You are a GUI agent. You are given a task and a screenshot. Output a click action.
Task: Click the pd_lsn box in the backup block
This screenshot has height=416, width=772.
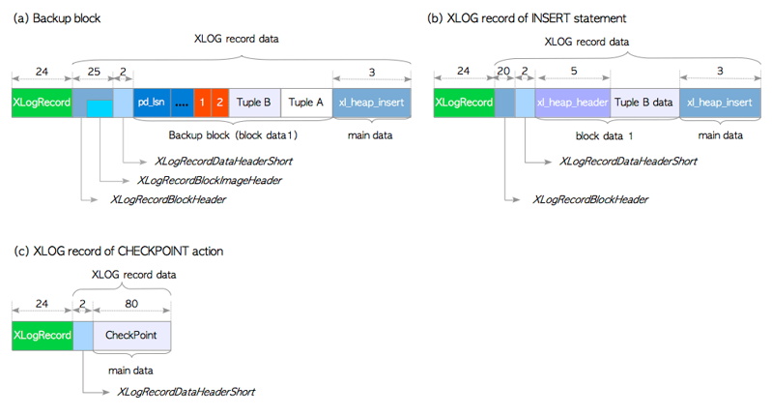[x=152, y=103]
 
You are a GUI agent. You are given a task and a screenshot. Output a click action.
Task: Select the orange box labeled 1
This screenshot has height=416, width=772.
[x=202, y=103]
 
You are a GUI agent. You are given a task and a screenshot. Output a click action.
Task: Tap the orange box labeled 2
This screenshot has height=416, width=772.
[x=220, y=103]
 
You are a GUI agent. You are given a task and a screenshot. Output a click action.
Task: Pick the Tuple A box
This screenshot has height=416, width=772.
[x=306, y=103]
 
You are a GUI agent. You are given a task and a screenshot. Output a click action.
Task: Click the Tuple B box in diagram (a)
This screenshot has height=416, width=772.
[x=254, y=103]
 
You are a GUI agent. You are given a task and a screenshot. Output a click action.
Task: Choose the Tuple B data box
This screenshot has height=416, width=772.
[x=644, y=103]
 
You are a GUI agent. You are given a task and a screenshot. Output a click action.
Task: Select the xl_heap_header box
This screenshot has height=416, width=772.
[x=573, y=103]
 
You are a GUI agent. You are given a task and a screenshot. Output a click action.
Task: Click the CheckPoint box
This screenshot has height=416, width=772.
[x=131, y=336]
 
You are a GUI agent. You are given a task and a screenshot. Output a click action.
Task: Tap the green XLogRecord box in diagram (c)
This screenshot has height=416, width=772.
[x=43, y=336]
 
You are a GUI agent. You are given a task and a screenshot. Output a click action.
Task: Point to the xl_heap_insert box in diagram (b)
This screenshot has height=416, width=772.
[x=720, y=103]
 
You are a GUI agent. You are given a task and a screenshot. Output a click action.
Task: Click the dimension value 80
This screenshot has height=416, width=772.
[x=131, y=304]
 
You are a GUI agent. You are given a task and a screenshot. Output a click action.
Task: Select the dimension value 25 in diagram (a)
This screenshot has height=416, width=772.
[x=94, y=72]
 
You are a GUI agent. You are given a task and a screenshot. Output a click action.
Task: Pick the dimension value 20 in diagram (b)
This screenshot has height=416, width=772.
[x=503, y=72]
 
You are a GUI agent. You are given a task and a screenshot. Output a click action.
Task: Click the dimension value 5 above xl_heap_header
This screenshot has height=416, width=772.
[x=574, y=72]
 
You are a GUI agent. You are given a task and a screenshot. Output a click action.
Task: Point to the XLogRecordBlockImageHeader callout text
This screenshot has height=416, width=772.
[x=210, y=180]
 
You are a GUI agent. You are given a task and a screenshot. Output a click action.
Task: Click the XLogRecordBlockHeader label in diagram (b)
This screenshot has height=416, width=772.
[x=590, y=199]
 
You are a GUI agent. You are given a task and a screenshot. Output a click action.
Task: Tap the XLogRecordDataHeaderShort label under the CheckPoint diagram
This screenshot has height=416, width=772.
[x=186, y=392]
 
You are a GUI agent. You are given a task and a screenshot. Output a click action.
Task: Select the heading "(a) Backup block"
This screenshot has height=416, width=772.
[x=57, y=18]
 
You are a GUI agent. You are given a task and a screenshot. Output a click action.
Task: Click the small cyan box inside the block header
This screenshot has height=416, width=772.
[x=100, y=108]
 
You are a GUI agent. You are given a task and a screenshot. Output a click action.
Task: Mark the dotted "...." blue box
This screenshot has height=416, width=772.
[x=182, y=103]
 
